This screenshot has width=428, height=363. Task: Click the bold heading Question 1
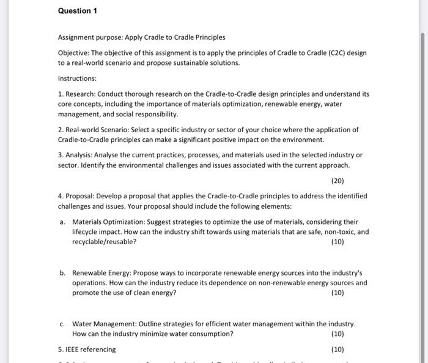(78, 11)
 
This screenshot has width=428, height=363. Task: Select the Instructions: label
(77, 78)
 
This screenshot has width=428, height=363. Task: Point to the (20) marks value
(337, 181)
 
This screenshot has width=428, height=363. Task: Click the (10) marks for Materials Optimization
(337, 242)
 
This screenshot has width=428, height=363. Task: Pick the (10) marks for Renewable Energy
(337, 293)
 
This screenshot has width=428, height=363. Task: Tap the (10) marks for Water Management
(337, 334)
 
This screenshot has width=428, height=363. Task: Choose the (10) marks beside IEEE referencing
(337, 350)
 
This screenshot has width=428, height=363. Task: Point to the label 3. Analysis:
(76, 155)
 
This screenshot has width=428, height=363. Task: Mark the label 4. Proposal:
(77, 196)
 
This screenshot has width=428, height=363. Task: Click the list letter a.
(62, 222)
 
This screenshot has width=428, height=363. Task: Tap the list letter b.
(62, 272)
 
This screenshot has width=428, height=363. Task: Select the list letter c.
(62, 324)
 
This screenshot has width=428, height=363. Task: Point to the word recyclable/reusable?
(104, 242)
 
